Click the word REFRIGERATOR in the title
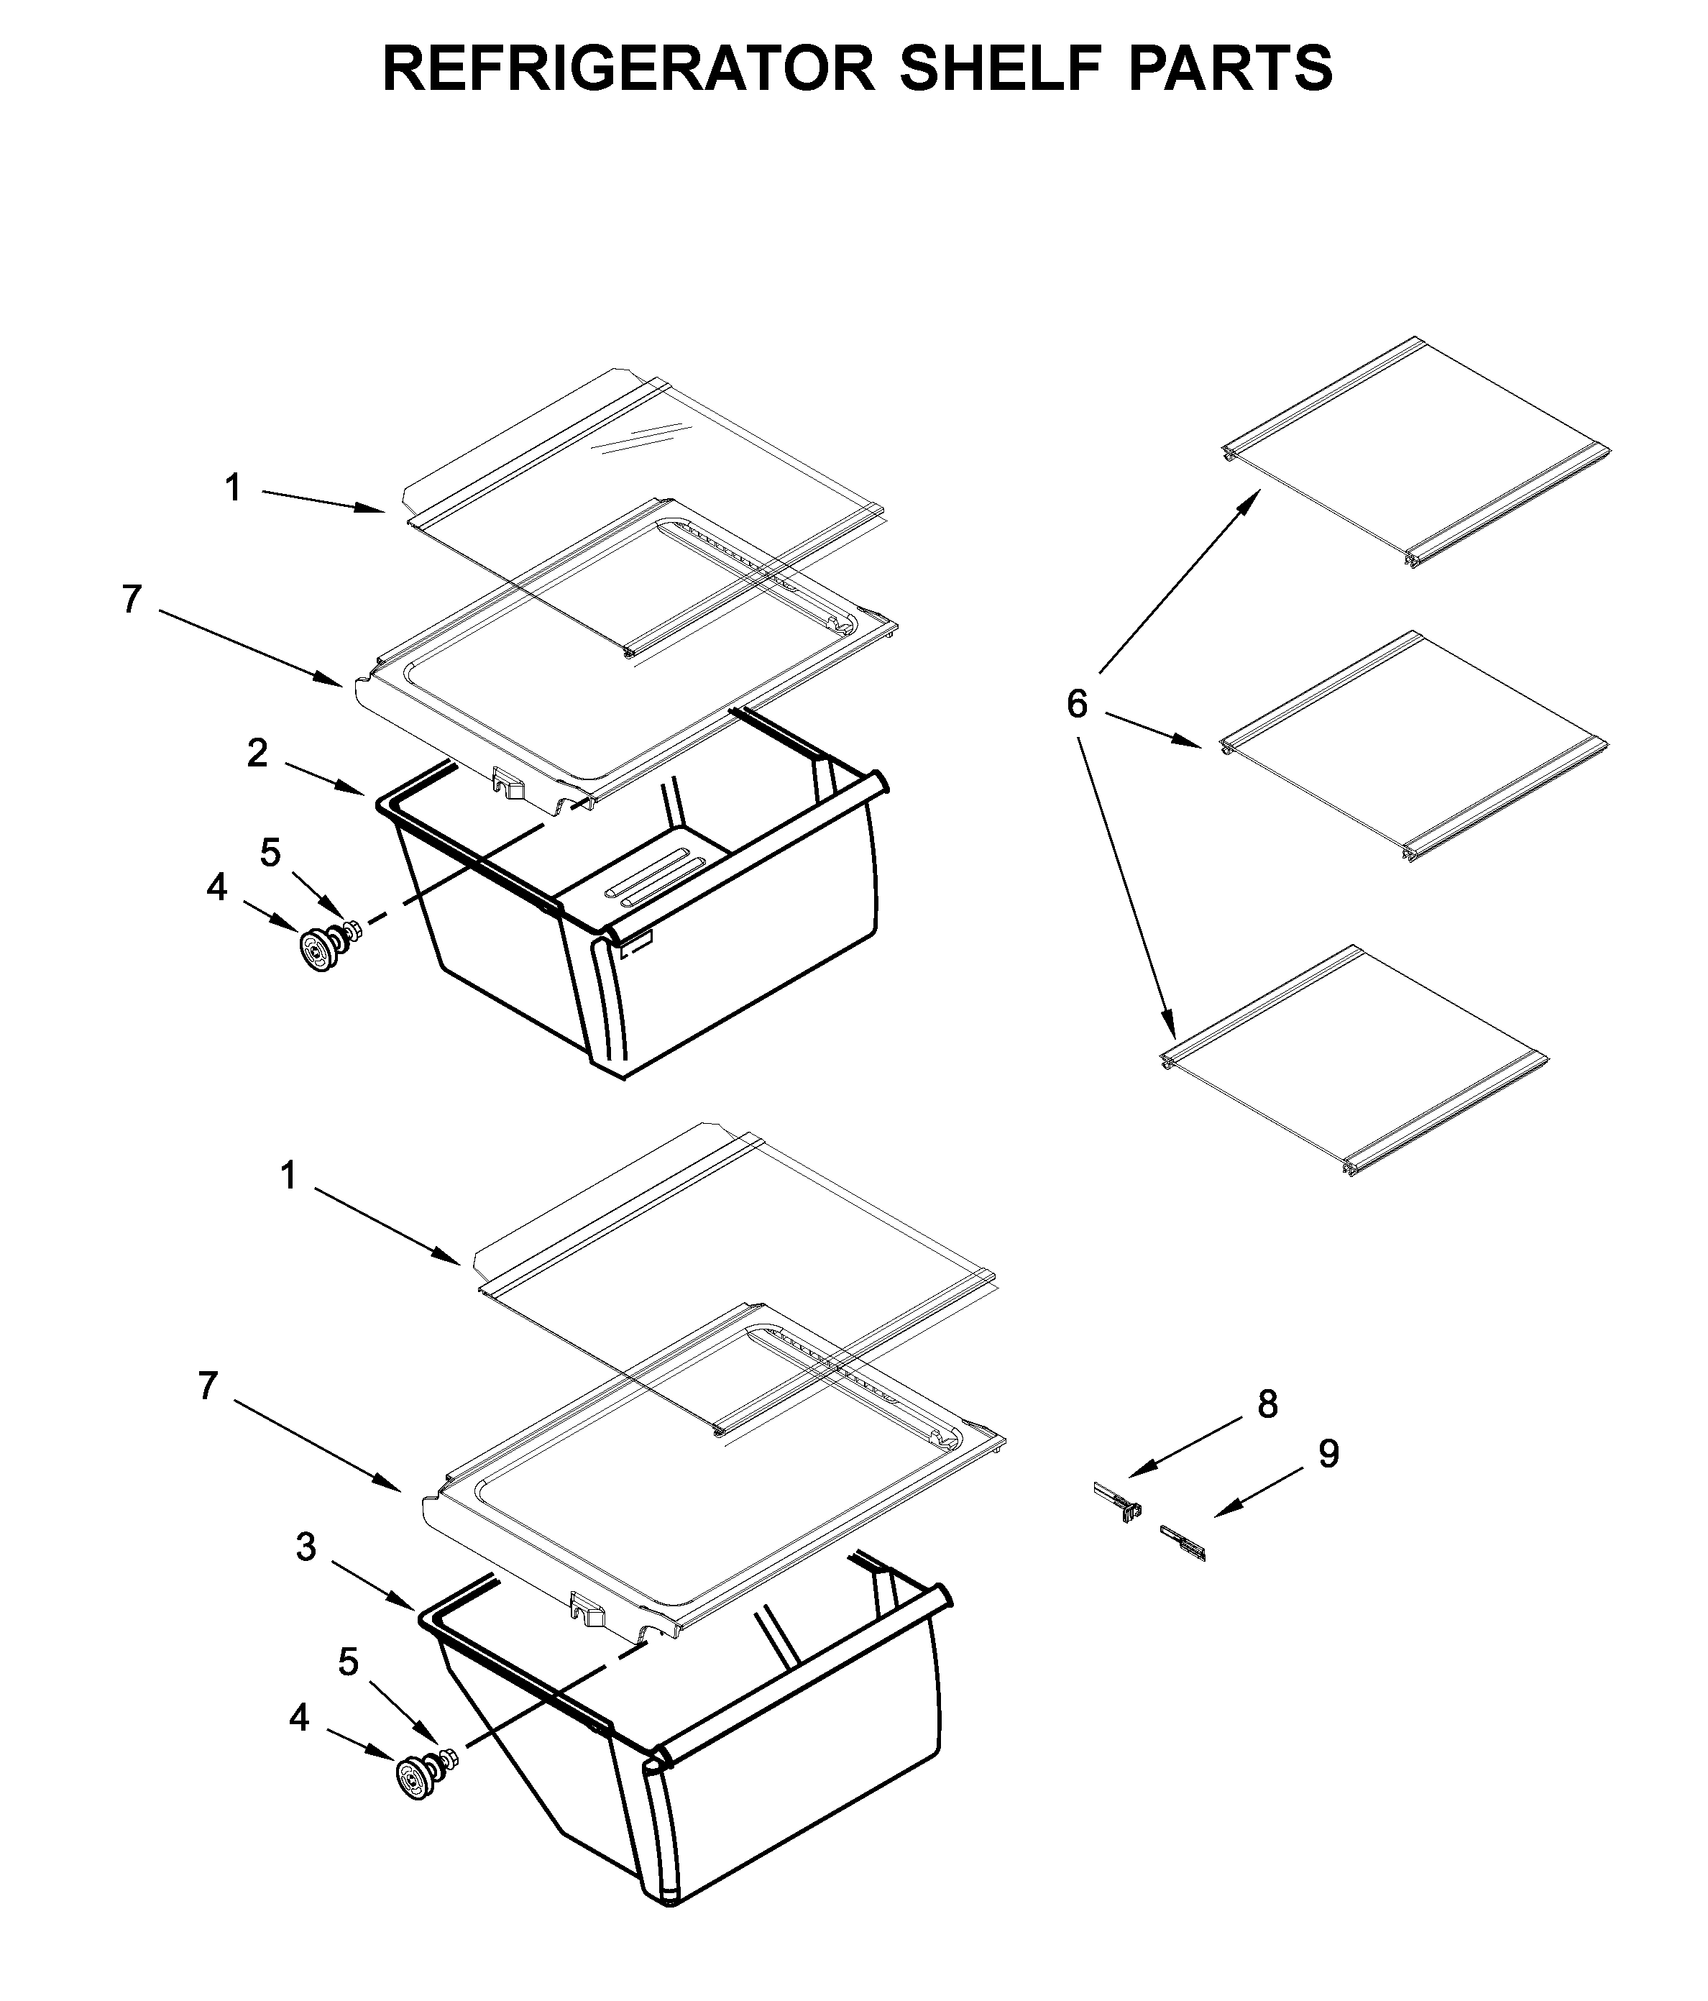(x=628, y=68)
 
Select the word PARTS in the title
(x=1230, y=68)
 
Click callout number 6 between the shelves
(x=1077, y=704)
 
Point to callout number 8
(x=1267, y=1404)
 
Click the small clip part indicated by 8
(x=1119, y=1503)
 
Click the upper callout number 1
(x=233, y=489)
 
